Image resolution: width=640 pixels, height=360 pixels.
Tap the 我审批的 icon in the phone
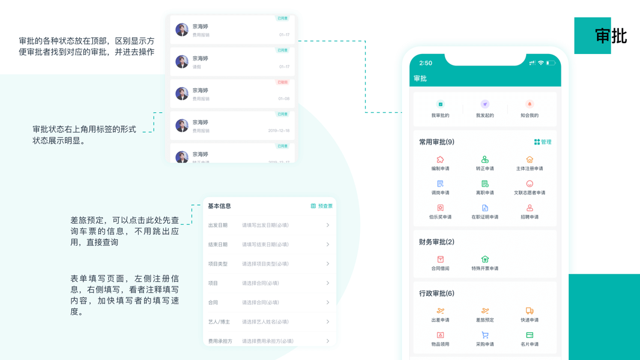[x=440, y=104]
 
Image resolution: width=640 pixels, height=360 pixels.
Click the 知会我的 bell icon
[x=529, y=104]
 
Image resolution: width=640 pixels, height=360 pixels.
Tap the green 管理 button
[x=542, y=142]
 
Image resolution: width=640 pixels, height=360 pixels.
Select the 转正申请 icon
[x=485, y=160]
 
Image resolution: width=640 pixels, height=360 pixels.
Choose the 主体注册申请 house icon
[x=529, y=160]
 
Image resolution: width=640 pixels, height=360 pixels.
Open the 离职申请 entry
[x=485, y=184]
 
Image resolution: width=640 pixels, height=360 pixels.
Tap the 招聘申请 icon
[x=529, y=208]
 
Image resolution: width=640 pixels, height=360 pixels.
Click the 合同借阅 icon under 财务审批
[x=440, y=259]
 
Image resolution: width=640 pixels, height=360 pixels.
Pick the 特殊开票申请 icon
[x=485, y=259]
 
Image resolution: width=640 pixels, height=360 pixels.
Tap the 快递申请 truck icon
[x=529, y=311]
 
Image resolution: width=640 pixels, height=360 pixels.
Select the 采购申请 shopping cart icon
[x=485, y=335]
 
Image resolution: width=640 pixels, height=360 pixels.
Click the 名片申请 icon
[x=529, y=335]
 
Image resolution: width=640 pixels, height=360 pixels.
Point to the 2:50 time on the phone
[x=426, y=63]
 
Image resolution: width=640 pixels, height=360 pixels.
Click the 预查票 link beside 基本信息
[x=322, y=206]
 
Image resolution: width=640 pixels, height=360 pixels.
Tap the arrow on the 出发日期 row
[x=327, y=225]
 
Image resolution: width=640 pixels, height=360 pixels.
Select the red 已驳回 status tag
[x=283, y=82]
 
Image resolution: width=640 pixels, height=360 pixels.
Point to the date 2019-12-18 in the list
[x=279, y=131]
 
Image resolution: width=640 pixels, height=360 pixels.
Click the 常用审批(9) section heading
[x=437, y=142]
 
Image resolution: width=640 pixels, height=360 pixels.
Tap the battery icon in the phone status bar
[x=550, y=63]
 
